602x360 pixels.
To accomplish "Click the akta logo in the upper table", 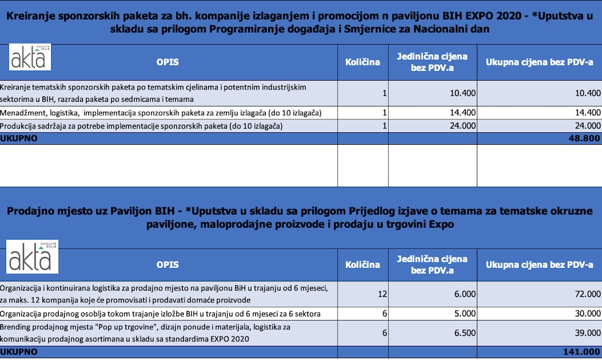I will (x=30, y=60).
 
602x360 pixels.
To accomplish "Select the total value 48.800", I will (x=583, y=138).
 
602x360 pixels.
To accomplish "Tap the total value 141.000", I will (x=580, y=352).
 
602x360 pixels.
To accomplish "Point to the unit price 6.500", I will (x=456, y=332).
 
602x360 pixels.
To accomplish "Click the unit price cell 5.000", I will (x=456, y=314).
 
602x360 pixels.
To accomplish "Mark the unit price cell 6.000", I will (x=456, y=294).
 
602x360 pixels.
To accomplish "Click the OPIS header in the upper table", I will (x=168, y=62).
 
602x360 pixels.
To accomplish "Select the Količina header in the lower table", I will (x=362, y=265).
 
